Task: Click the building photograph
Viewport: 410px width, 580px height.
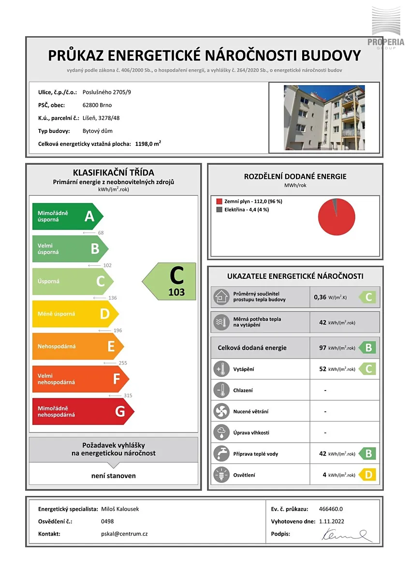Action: [324, 117]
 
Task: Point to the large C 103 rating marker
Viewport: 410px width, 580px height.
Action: [170, 280]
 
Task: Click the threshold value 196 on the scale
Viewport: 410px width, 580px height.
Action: [117, 331]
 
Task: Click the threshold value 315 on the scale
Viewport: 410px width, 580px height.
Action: [128, 395]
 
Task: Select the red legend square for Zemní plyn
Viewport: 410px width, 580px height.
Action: [219, 201]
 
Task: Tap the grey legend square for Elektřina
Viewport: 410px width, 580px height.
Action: [219, 209]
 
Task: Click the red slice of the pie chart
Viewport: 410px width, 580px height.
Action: [336, 218]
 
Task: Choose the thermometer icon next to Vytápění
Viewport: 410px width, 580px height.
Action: [221, 369]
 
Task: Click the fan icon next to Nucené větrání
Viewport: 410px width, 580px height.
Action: [221, 411]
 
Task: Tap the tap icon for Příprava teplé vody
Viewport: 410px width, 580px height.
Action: [221, 454]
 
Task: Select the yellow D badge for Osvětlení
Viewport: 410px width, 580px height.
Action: [367, 475]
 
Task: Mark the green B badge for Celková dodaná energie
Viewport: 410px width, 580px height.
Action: [367, 348]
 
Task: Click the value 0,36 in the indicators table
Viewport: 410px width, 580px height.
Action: [320, 297]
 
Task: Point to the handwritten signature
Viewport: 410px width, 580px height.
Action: [346, 535]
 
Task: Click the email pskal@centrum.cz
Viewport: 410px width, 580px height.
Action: [121, 534]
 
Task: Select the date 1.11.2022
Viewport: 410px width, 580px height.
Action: [332, 522]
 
